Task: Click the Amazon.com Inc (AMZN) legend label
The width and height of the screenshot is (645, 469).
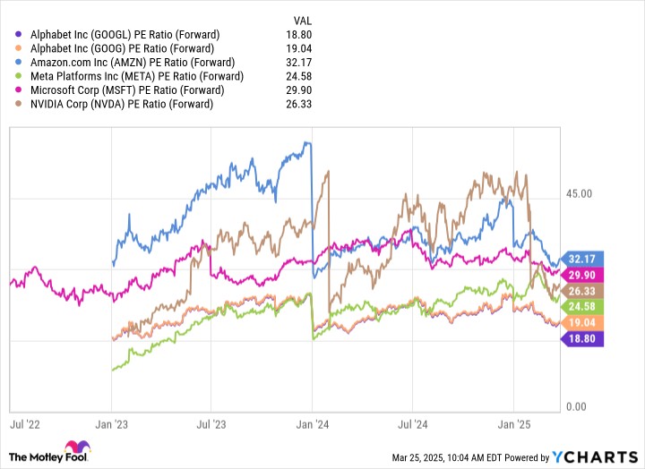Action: click(x=133, y=63)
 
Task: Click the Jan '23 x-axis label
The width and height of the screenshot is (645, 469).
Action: click(x=110, y=418)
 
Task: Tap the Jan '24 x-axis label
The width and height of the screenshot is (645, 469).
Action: click(x=311, y=418)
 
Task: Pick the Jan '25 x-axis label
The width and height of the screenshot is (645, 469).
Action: click(x=512, y=418)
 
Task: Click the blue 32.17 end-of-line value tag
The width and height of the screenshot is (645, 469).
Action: click(x=581, y=259)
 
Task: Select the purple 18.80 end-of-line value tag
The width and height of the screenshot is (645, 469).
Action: click(x=581, y=338)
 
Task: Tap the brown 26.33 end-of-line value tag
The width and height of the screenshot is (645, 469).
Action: click(x=581, y=291)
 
